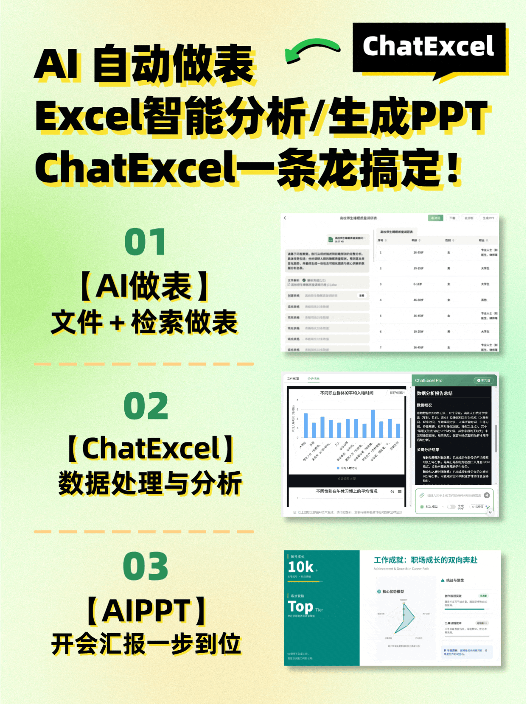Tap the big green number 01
[x=145, y=242]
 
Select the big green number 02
[x=146, y=406]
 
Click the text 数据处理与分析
[x=150, y=483]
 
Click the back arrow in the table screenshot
[x=285, y=218]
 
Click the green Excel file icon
[x=331, y=240]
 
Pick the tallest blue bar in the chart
[x=373, y=423]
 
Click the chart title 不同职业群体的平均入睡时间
[x=347, y=393]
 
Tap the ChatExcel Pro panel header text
[x=429, y=380]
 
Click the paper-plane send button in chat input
[x=487, y=495]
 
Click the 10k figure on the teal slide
[x=300, y=567]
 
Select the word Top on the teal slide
[x=300, y=606]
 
